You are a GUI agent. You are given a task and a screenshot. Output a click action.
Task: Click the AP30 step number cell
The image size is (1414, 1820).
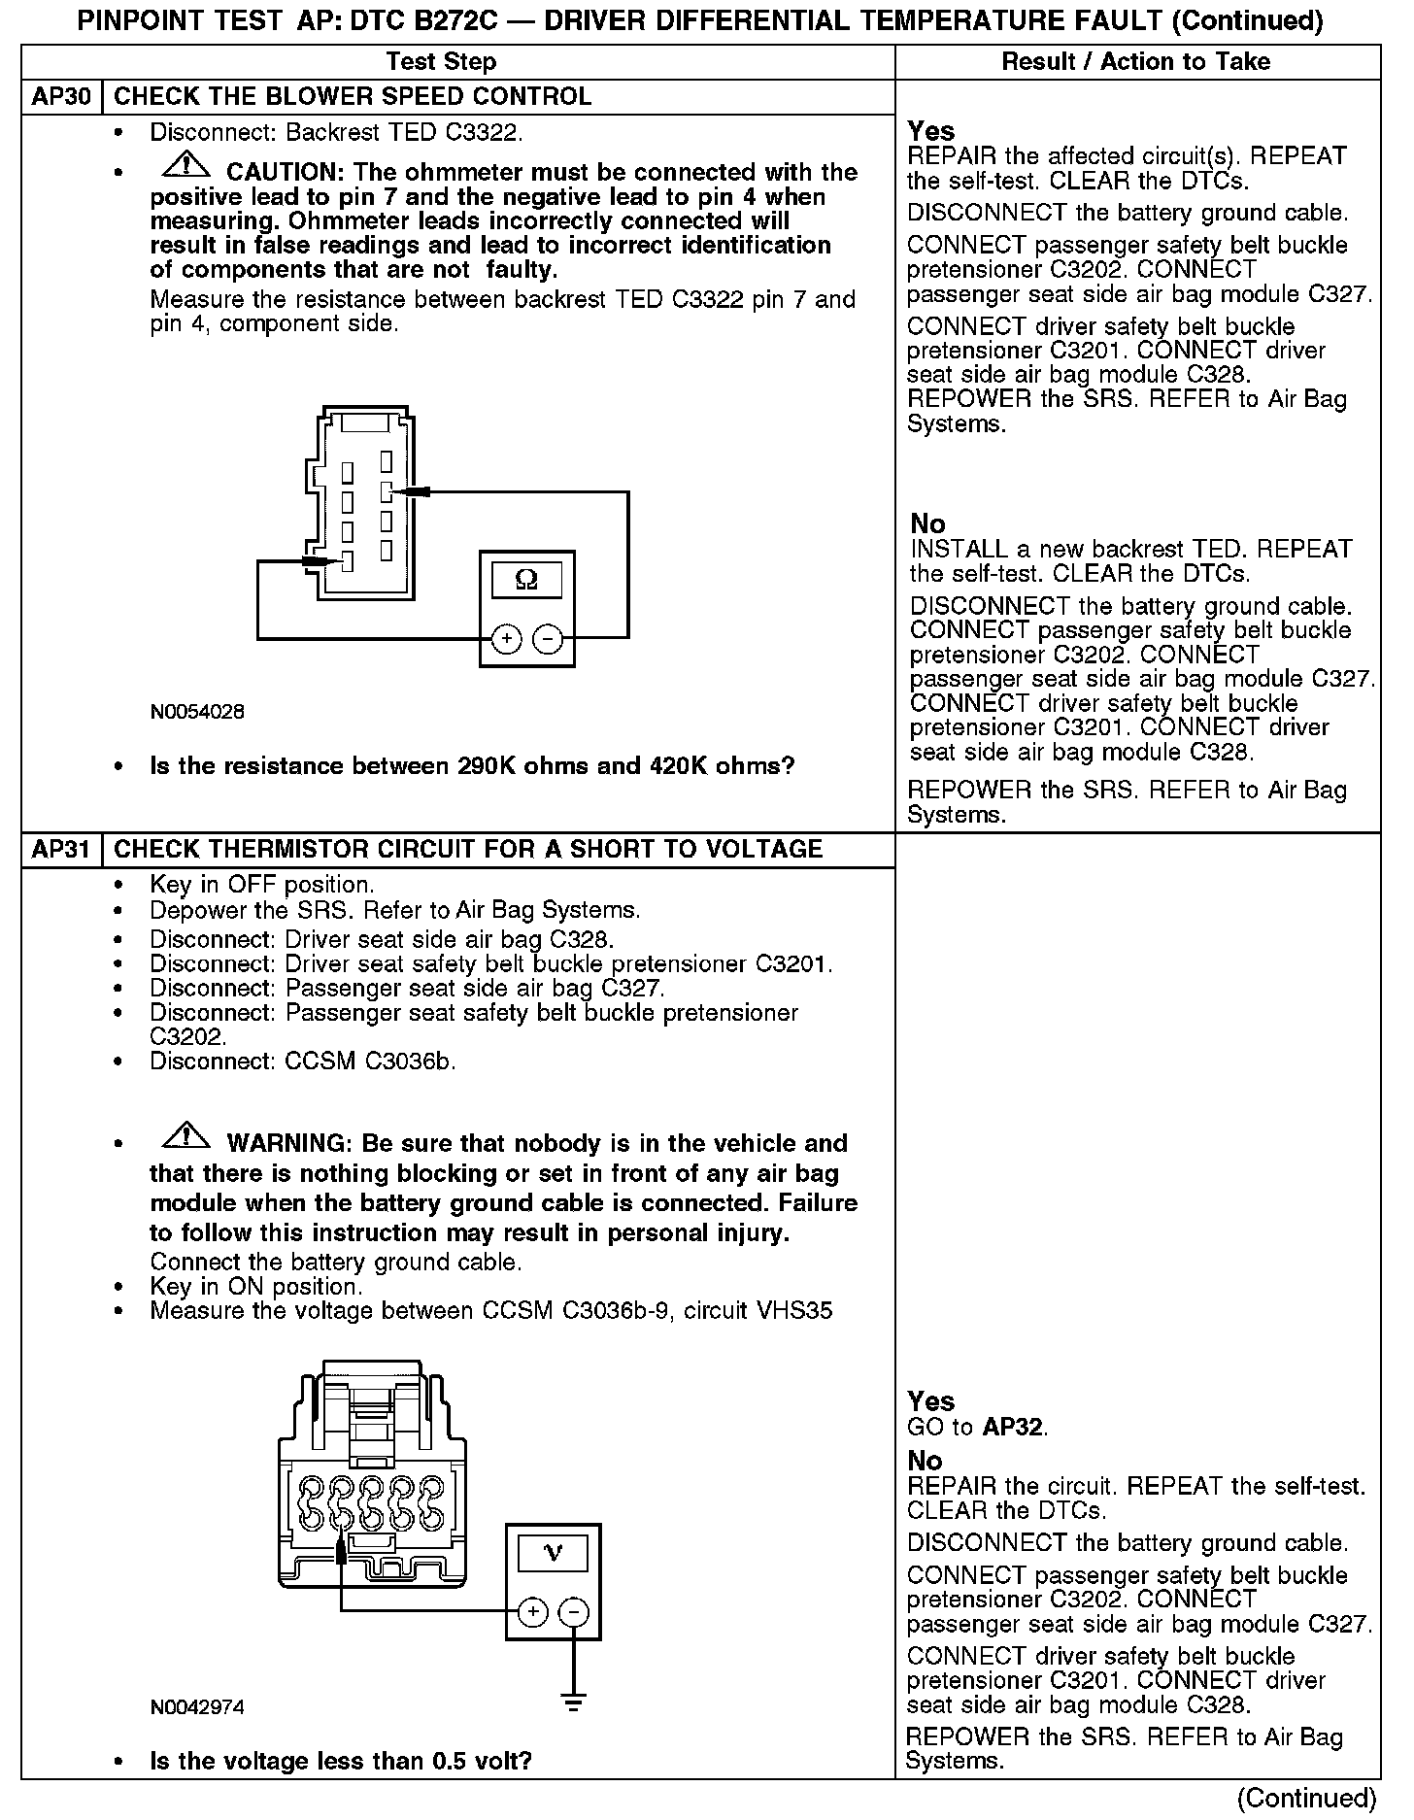click(x=61, y=97)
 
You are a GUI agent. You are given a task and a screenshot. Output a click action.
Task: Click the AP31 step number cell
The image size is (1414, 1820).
click(x=61, y=850)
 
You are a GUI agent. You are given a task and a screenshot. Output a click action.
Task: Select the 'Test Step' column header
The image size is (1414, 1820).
click(x=441, y=62)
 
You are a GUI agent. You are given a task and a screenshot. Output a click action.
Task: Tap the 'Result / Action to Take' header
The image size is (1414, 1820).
click(x=1135, y=62)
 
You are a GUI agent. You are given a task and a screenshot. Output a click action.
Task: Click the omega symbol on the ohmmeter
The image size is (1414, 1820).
click(x=526, y=581)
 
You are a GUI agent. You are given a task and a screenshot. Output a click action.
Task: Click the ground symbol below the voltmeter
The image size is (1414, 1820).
click(x=574, y=1702)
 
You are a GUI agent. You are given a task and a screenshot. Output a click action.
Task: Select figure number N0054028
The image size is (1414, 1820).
click(x=197, y=712)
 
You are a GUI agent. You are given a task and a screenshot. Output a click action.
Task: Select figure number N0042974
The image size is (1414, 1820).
click(x=197, y=1707)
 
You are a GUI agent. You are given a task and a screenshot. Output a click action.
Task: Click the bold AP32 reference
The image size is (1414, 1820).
click(x=1014, y=1428)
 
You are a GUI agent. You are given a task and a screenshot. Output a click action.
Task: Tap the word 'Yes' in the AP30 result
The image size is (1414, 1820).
click(x=930, y=131)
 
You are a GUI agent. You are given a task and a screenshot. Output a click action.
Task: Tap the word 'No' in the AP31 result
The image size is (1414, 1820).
click(x=925, y=1461)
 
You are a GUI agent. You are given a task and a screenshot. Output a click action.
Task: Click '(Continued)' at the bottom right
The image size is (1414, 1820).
click(x=1306, y=1798)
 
